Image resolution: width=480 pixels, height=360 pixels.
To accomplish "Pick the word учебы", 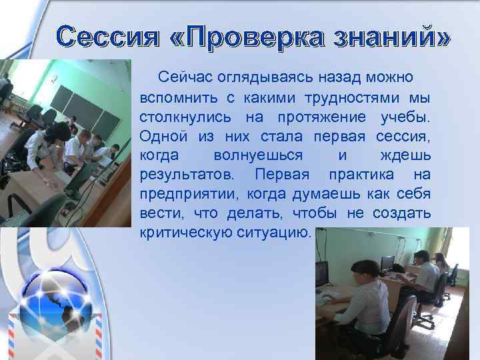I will click(x=405, y=117).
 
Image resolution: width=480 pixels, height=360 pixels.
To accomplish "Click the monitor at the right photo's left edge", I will click(x=322, y=273).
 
